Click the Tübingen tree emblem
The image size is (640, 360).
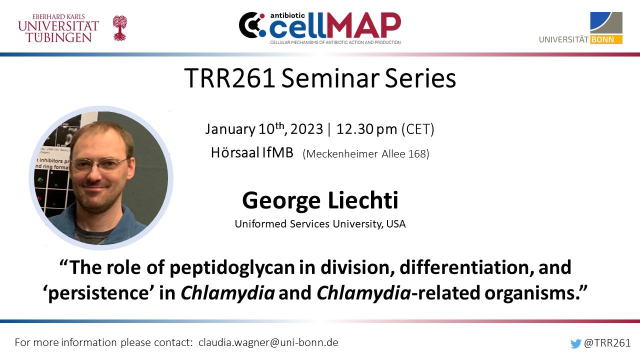[x=119, y=28]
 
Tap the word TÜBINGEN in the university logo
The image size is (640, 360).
[x=59, y=37]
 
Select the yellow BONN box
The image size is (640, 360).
[x=606, y=39]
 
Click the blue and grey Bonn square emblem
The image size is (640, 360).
[x=606, y=23]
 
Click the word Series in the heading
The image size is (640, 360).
[x=420, y=78]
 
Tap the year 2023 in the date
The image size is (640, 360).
[x=306, y=129]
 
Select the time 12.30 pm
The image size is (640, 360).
[x=366, y=129]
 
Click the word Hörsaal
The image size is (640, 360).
[x=235, y=152]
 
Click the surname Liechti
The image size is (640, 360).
[x=363, y=200]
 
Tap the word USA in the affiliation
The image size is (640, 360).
[x=396, y=224]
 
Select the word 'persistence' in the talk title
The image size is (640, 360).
[x=96, y=293]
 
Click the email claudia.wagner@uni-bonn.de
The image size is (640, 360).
[x=268, y=342]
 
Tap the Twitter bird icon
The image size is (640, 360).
[x=575, y=343]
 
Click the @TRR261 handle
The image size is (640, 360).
[x=607, y=343]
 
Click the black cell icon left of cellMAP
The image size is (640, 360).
[x=251, y=25]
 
